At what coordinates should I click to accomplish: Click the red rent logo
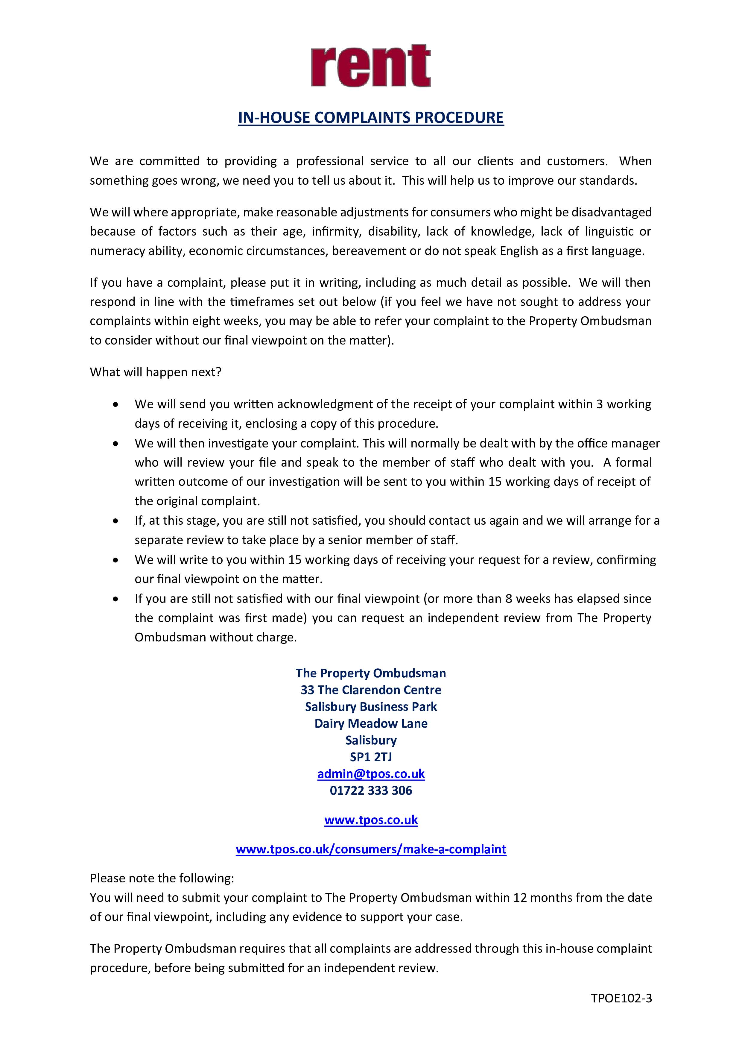coord(371,66)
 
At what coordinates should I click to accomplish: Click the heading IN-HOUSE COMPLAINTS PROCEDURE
coord(371,118)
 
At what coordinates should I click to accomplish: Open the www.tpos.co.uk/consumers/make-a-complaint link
coord(371,849)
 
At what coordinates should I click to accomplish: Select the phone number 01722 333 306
coord(371,791)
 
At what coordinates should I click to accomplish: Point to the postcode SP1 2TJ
coord(371,757)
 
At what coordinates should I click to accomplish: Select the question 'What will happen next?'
coord(156,372)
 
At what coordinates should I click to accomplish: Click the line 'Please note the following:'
coord(162,878)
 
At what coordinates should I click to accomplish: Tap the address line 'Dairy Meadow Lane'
coord(371,723)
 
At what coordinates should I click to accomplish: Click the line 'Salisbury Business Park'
coord(371,707)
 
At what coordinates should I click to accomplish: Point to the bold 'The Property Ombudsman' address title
coord(371,673)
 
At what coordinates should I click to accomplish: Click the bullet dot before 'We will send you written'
coord(116,405)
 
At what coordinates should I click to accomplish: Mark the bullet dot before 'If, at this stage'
coord(116,521)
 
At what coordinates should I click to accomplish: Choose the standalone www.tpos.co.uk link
coord(371,820)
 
